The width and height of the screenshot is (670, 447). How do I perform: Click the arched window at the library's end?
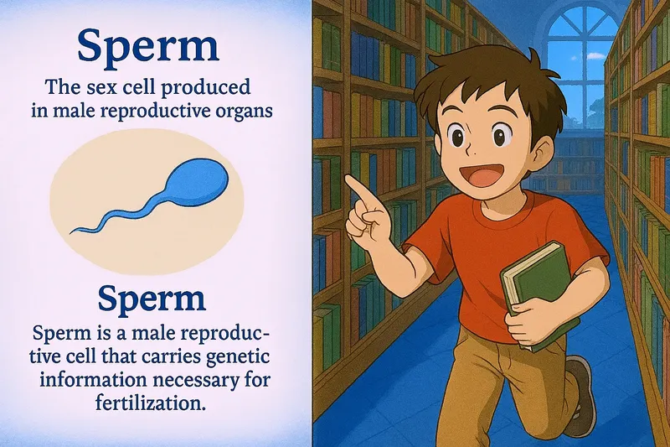coord(582,50)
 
